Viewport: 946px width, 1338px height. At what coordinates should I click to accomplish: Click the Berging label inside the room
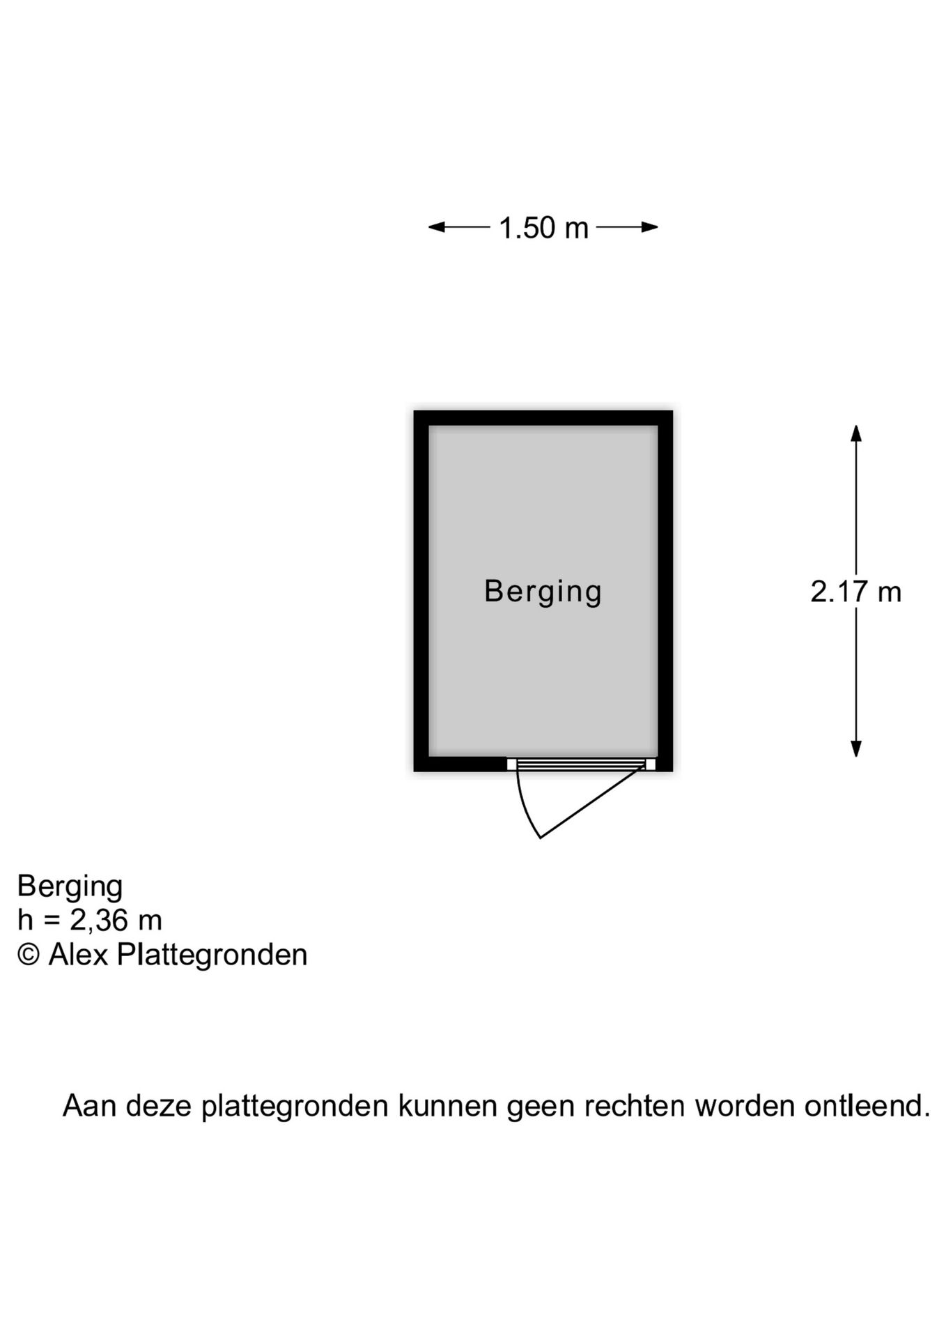pyautogui.click(x=543, y=592)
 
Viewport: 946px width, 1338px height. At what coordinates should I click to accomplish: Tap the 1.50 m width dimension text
pyautogui.click(x=544, y=228)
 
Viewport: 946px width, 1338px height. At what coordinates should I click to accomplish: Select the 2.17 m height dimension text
pyautogui.click(x=856, y=592)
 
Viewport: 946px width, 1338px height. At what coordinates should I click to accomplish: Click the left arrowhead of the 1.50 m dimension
pyautogui.click(x=437, y=226)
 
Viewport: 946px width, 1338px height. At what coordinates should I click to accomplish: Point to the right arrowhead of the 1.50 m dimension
pyautogui.click(x=650, y=226)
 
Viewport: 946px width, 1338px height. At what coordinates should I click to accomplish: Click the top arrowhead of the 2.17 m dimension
pyautogui.click(x=856, y=433)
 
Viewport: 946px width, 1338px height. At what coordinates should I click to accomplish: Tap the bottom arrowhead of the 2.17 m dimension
pyautogui.click(x=856, y=748)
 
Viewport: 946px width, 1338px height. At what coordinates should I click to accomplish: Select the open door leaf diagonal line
pyautogui.click(x=592, y=801)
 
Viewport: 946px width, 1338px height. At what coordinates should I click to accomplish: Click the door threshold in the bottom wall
pyautogui.click(x=581, y=764)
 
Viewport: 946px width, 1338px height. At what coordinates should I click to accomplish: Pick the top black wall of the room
pyautogui.click(x=543, y=417)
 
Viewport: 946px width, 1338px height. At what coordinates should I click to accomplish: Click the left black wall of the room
pyautogui.click(x=421, y=591)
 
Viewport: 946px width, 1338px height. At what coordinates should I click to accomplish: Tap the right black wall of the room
pyautogui.click(x=665, y=591)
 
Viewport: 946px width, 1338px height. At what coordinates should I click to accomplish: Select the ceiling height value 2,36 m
pyautogui.click(x=116, y=921)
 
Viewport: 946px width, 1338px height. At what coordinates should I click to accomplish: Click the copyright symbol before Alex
pyautogui.click(x=29, y=954)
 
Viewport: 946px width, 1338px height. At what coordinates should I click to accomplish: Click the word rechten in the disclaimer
pyautogui.click(x=634, y=1106)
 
